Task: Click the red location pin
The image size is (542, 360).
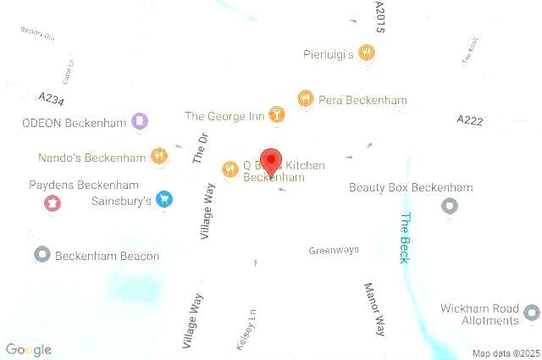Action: [x=271, y=161]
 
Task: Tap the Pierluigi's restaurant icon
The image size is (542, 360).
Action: [x=366, y=53]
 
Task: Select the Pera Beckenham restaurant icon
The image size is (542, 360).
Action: [x=306, y=99]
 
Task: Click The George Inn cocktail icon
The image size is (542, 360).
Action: [x=276, y=115]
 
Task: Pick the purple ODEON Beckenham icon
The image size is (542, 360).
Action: [x=140, y=122]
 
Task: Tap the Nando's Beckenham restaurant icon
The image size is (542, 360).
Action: [x=159, y=157]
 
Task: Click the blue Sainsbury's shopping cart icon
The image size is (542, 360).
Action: [x=164, y=200]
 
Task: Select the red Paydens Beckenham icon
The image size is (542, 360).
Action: [x=52, y=202]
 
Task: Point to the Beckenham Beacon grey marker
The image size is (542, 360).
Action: [x=42, y=254]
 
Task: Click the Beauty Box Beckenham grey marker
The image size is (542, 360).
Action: [x=450, y=206]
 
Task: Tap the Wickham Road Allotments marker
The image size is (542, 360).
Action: [x=531, y=313]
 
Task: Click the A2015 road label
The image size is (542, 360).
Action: [x=379, y=17]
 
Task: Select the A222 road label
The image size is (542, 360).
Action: [x=469, y=121]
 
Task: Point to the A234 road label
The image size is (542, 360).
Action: [x=51, y=98]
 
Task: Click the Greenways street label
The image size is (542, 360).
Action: [x=334, y=250]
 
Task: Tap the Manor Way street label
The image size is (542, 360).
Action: [x=374, y=308]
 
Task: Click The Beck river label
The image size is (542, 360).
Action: [x=405, y=238]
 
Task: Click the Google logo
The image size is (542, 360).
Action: [x=29, y=349]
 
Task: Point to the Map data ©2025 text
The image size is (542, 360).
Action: [x=505, y=353]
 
